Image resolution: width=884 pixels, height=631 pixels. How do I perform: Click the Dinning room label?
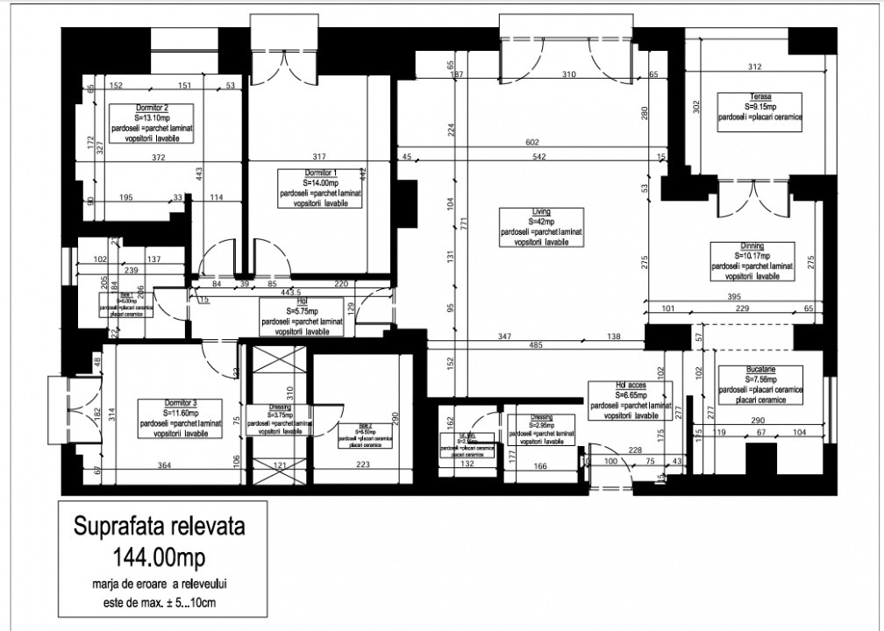[752, 260]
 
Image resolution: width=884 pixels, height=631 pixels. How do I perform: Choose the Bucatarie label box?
[759, 385]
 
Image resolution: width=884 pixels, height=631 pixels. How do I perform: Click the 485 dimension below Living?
[536, 345]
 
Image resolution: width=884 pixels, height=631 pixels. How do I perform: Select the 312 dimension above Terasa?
[753, 67]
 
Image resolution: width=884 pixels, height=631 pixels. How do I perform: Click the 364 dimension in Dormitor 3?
[164, 465]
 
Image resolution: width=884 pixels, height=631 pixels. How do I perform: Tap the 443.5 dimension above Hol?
[289, 292]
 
